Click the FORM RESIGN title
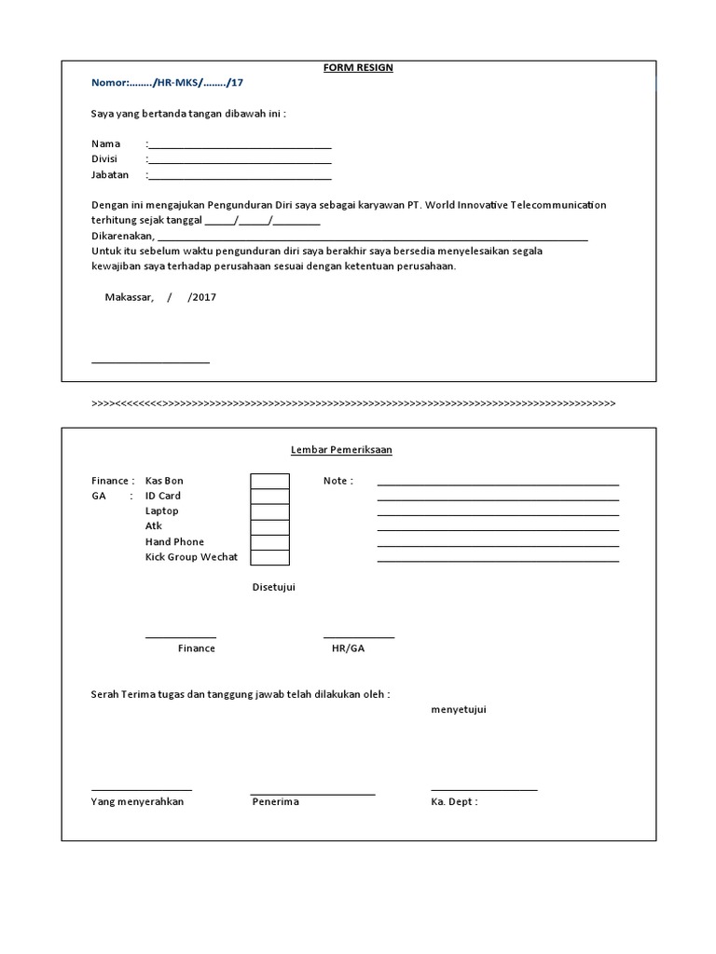[358, 68]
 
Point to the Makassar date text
[159, 297]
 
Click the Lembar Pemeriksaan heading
[341, 450]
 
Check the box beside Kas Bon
[269, 481]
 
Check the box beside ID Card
[269, 497]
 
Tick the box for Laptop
[269, 511]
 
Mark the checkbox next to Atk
[269, 526]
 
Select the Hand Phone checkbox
[269, 542]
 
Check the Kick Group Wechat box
[269, 557]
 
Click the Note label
[337, 481]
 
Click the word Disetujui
[274, 587]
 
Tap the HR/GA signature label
[348, 648]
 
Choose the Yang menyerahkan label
[137, 802]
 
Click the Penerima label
[275, 802]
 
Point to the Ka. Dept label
[454, 802]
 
